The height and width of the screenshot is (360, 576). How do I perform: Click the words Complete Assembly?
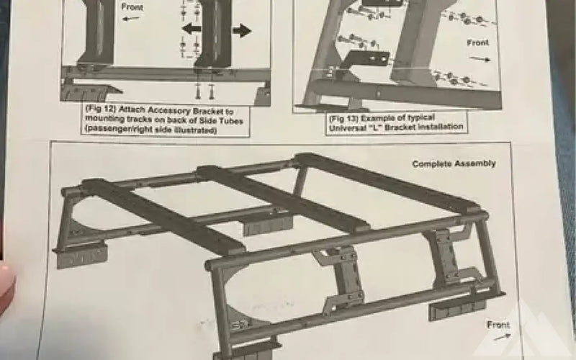454,163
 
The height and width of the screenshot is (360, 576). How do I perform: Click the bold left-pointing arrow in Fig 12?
192,28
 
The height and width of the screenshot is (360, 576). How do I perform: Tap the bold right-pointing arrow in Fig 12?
242,30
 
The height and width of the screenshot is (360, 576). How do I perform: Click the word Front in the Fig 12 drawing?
132,7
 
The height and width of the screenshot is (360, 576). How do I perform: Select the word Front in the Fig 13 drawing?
477,43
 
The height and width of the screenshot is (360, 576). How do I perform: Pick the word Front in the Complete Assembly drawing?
498,325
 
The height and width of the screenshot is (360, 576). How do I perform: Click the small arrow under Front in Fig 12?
131,18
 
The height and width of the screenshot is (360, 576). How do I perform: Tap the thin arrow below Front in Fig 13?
480,58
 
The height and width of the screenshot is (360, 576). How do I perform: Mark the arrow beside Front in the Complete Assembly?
502,336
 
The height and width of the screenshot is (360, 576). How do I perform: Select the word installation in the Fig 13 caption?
441,127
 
